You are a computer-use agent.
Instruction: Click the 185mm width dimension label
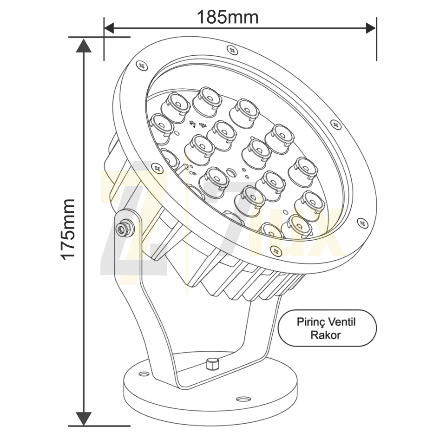coord(228,17)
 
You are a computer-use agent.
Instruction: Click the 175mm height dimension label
coord(68,229)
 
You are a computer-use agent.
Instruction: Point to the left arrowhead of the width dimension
coord(109,28)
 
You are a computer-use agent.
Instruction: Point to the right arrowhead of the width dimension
coord(371,28)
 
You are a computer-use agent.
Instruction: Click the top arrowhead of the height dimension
coord(84,46)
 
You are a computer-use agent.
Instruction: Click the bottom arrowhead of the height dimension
coord(84,418)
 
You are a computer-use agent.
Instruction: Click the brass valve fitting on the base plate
coord(212,364)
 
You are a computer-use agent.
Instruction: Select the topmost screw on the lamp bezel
coord(233,50)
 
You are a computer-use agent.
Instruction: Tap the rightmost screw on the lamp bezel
coord(362,223)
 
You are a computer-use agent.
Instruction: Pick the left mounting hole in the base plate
coord(144,373)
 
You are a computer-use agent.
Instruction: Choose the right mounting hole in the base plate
coord(243,399)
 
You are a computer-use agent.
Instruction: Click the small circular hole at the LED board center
coord(231,173)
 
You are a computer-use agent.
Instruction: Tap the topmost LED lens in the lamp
coord(207,101)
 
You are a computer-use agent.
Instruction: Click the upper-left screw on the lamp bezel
coord(142,66)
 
